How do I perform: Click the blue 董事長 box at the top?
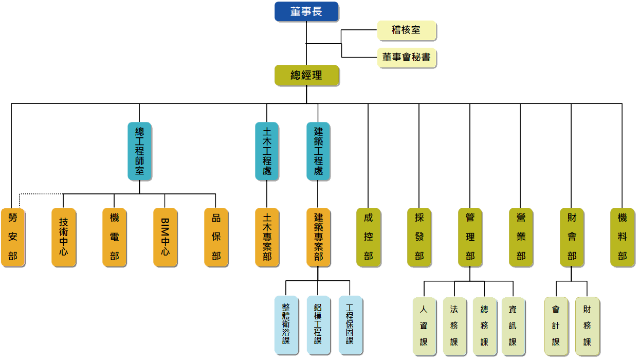tap(306, 11)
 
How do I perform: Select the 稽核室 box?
tap(406, 30)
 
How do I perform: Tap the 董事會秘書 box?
tap(406, 57)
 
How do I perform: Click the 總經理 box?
tap(306, 75)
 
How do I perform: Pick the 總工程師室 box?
tap(139, 151)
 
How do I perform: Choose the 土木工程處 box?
tap(267, 151)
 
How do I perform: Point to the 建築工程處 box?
tap(318, 151)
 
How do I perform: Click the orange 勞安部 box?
tap(13, 237)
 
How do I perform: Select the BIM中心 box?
tap(165, 237)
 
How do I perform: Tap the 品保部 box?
tap(216, 237)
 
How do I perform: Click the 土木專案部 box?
tap(267, 237)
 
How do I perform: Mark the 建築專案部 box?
tap(318, 237)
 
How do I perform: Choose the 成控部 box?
tap(369, 237)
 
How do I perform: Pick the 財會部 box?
tap(572, 237)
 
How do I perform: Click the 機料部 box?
tap(623, 237)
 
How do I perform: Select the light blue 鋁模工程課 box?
tap(318, 325)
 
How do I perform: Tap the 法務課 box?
tap(454, 326)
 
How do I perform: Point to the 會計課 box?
tap(556, 326)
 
